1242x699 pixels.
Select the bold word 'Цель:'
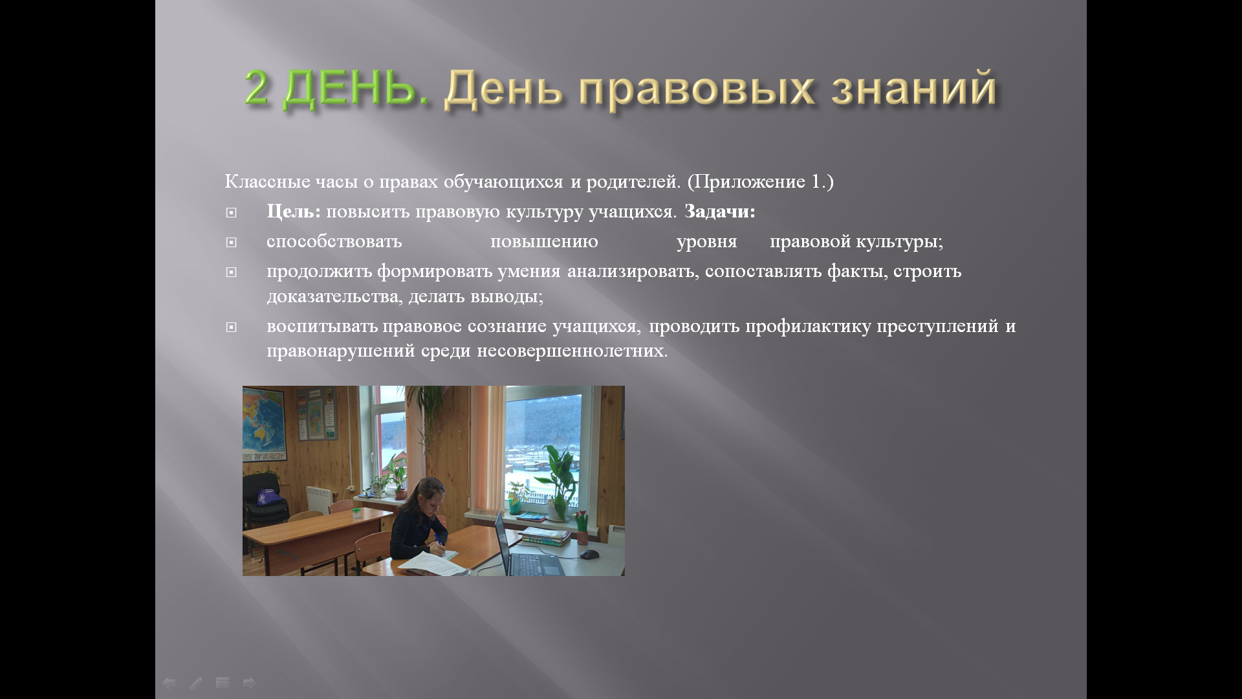pyautogui.click(x=294, y=212)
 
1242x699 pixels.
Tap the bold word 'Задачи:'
pyautogui.click(x=720, y=212)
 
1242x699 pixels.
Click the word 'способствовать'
pyautogui.click(x=334, y=241)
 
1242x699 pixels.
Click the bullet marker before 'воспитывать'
pyautogui.click(x=231, y=327)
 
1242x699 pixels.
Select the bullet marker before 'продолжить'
pyautogui.click(x=231, y=272)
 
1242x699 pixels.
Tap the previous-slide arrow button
pyautogui.click(x=169, y=682)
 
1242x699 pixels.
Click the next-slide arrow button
pyautogui.click(x=250, y=682)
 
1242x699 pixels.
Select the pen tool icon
pyautogui.click(x=196, y=682)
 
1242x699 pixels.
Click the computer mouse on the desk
pyautogui.click(x=589, y=554)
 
